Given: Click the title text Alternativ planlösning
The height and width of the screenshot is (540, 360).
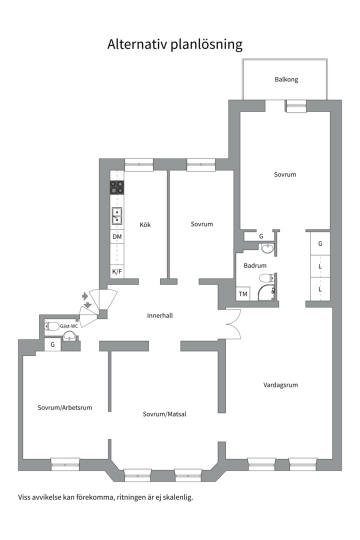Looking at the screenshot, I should (x=175, y=44).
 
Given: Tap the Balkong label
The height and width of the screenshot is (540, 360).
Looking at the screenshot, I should (x=286, y=79).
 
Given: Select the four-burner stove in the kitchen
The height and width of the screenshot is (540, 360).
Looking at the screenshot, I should (x=117, y=188).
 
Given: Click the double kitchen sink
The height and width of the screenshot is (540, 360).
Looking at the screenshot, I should (x=117, y=216).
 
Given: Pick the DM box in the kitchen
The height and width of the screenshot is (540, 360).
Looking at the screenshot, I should (x=117, y=236).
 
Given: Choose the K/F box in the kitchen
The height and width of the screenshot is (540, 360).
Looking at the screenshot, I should (x=117, y=271).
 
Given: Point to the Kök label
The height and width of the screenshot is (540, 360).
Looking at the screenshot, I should (x=145, y=224).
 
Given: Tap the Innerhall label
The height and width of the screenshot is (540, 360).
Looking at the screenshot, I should (x=160, y=315).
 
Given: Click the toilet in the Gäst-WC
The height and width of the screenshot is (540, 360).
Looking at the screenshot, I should (x=52, y=326).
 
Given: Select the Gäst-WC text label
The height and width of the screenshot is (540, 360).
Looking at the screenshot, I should (x=69, y=326).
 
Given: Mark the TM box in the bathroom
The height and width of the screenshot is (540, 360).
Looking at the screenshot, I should (x=243, y=294).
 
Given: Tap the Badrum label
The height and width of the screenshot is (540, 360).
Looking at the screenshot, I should (x=255, y=265).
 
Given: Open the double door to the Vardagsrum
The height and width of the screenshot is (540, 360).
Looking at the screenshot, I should (x=233, y=323).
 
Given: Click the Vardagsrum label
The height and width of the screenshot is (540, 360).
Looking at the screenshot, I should (x=280, y=385).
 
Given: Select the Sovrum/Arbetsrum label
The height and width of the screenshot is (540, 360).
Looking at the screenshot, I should (x=65, y=407).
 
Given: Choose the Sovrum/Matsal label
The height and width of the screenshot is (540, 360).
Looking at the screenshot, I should (x=164, y=414).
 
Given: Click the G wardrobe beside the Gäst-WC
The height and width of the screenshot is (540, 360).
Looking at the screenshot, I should (x=52, y=344).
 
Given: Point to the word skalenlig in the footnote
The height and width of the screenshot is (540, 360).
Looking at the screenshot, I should (x=178, y=497).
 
